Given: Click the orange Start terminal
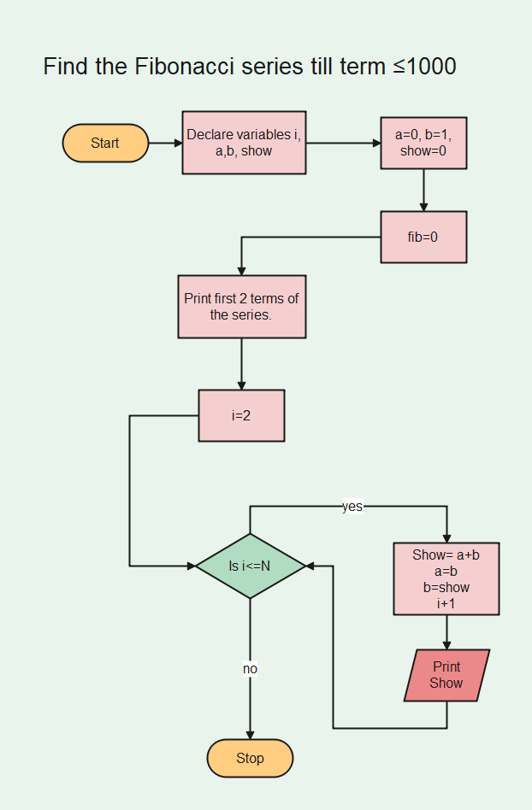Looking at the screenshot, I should [105, 143].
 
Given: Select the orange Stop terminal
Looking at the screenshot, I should [250, 758].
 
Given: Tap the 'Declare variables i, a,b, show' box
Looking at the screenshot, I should [244, 143].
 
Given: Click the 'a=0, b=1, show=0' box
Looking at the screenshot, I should [423, 143].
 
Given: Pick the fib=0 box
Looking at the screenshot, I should [423, 237].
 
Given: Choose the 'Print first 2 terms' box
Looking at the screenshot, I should [241, 307].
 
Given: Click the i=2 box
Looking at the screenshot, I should [241, 415].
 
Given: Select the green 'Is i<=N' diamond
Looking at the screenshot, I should [250, 566].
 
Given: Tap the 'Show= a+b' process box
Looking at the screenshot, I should [446, 578].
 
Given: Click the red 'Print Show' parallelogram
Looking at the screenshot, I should [446, 675].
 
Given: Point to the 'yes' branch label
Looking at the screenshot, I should [352, 507].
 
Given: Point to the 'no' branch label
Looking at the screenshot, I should [250, 669].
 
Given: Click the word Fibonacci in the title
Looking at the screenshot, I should [185, 66].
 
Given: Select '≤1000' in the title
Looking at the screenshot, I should [424, 66].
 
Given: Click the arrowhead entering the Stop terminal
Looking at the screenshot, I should [250, 734].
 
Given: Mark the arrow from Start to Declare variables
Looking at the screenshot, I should [165, 143].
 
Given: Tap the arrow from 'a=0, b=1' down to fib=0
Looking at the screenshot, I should [423, 191].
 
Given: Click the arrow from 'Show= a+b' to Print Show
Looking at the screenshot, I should [446, 632].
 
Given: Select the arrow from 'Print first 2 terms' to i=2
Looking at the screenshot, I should [241, 364].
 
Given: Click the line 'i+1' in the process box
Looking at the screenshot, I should [446, 603].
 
